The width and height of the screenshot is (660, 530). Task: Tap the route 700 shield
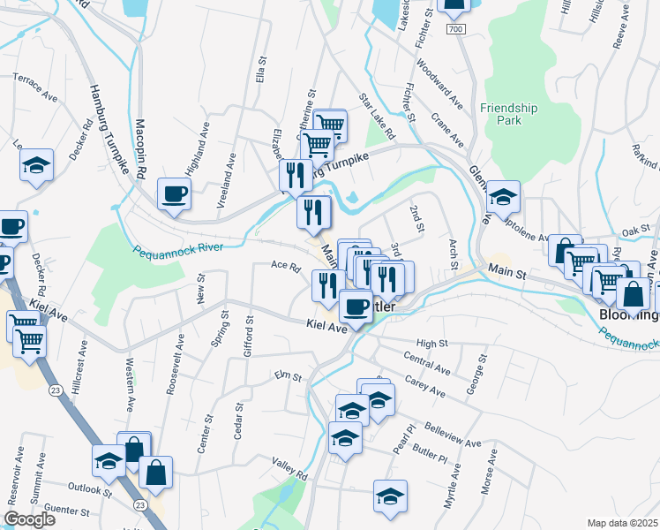pos(455,30)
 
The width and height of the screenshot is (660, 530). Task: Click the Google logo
pos(29,519)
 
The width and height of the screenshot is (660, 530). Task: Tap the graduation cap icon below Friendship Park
pos(503,197)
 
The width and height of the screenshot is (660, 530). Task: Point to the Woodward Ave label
pos(439,84)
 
